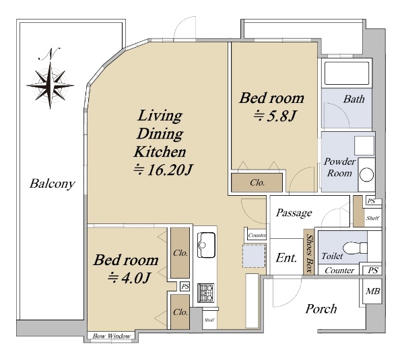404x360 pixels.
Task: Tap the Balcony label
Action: pos(52,184)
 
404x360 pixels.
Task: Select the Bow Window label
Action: pos(112,336)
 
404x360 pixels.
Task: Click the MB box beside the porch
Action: pos(372,291)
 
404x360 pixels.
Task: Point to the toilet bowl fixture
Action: pos(355,248)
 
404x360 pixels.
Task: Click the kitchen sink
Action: pos(206,245)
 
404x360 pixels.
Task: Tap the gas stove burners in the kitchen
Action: pos(205,293)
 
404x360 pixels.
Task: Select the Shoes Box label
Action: pos(309,253)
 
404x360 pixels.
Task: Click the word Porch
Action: pos(321,309)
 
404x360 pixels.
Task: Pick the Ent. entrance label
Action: pos(286,258)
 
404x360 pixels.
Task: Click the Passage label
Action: pos(294,213)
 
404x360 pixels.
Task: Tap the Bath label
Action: pos(353,99)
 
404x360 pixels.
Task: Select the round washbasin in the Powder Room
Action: pos(366,174)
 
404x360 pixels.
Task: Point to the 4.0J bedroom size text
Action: pos(129,278)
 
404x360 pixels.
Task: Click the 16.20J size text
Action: pos(163,170)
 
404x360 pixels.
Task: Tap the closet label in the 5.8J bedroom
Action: pos(257,183)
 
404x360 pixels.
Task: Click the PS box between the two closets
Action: pos(185,287)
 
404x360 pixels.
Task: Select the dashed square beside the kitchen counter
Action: pos(254,256)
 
